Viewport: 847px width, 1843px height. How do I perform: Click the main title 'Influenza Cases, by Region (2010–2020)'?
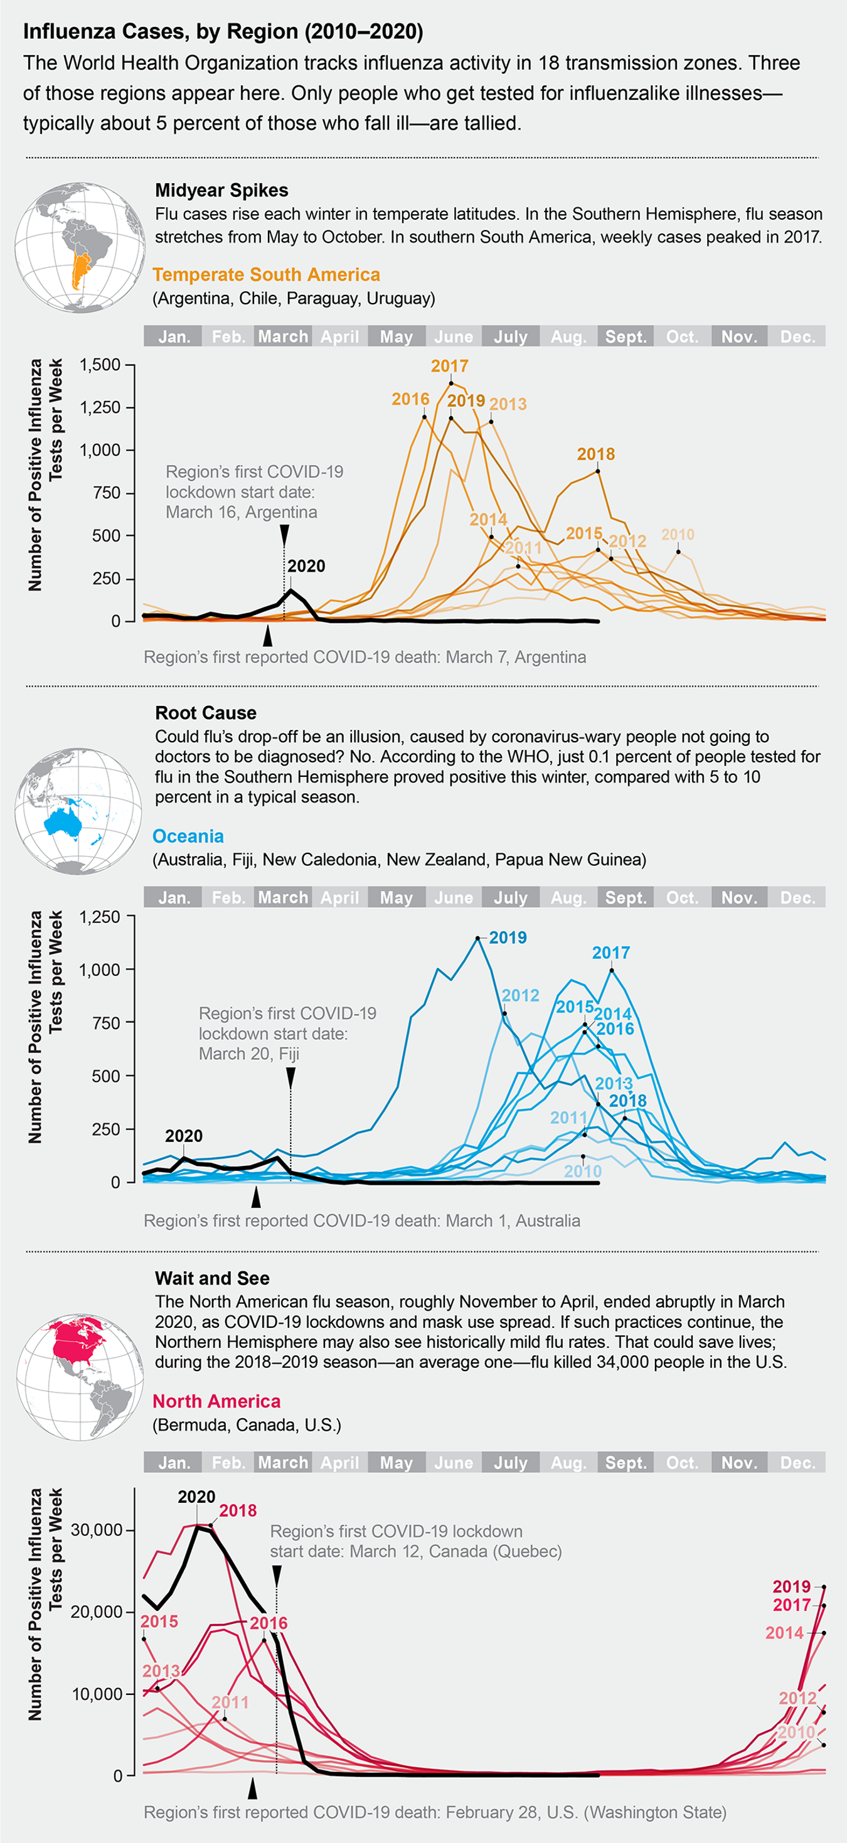(x=223, y=31)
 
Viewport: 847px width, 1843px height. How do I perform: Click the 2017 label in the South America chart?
(x=449, y=366)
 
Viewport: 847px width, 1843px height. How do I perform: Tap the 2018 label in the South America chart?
(x=595, y=454)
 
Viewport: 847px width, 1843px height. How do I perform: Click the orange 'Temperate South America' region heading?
(x=266, y=275)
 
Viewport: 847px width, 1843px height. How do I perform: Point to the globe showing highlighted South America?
(x=80, y=247)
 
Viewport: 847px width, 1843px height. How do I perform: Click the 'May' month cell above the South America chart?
(x=397, y=336)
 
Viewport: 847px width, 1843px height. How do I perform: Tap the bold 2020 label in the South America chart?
(x=306, y=566)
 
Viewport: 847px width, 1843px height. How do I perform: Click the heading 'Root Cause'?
(x=205, y=713)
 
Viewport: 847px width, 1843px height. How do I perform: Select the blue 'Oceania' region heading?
(x=188, y=836)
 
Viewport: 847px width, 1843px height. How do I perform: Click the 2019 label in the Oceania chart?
(x=508, y=938)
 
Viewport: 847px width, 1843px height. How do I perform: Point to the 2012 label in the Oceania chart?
(x=520, y=995)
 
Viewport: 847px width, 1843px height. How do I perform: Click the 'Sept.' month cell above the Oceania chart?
(x=626, y=897)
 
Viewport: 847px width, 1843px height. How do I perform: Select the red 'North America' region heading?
(x=216, y=1401)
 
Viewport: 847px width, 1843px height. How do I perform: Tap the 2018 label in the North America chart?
(x=238, y=1510)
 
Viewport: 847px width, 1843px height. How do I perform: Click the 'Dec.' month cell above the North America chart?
(x=797, y=1462)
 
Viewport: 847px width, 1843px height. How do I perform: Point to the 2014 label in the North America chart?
(x=784, y=1633)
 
